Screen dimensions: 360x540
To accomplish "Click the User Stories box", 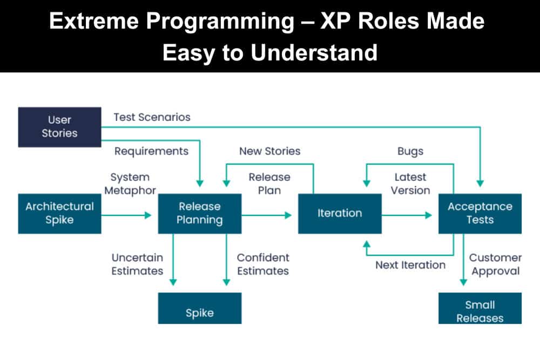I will pos(59,127).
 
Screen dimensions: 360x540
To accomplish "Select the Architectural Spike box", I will pos(59,213).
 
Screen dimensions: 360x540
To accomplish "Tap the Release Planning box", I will pos(200,213).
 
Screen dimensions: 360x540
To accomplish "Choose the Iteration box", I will pos(340,213).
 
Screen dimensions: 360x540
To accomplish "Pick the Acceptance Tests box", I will pos(480,213).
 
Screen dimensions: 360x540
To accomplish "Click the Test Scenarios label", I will pos(152,117).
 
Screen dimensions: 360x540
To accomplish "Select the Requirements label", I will pos(151,151).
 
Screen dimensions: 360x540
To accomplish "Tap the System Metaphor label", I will pos(130,184).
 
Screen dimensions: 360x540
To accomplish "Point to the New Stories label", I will pos(269,151).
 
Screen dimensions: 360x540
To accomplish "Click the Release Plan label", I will pos(269,184).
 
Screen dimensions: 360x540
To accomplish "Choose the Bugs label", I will pos(410,151).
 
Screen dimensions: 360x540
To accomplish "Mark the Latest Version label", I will pos(410,184).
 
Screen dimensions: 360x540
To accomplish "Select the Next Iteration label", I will pos(410,265).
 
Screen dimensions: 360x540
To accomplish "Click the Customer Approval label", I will pos(495,264).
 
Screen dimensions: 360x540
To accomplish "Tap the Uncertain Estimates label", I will pos(137,264).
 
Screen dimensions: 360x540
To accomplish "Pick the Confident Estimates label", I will pos(263,264).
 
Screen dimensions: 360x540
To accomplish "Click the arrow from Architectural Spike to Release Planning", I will pos(127,215).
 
